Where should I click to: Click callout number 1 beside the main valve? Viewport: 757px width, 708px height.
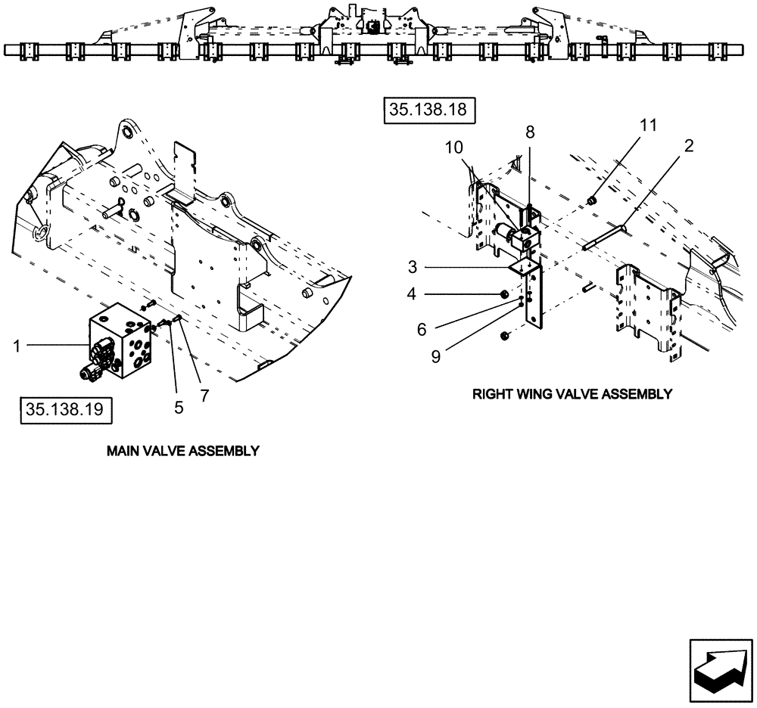(x=17, y=346)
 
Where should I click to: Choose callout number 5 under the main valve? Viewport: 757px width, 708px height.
(x=179, y=407)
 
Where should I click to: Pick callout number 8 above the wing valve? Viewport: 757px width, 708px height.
(x=530, y=132)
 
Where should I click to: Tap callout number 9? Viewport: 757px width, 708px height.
(x=436, y=356)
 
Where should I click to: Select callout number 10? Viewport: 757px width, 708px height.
(x=453, y=147)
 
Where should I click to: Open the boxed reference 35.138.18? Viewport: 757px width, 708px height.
(x=428, y=110)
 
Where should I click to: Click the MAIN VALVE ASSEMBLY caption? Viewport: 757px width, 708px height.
(x=183, y=451)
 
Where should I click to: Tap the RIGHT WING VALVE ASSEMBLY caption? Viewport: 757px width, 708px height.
(x=572, y=394)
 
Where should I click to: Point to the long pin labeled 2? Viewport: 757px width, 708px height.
(x=606, y=234)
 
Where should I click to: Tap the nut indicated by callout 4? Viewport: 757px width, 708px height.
(x=504, y=294)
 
